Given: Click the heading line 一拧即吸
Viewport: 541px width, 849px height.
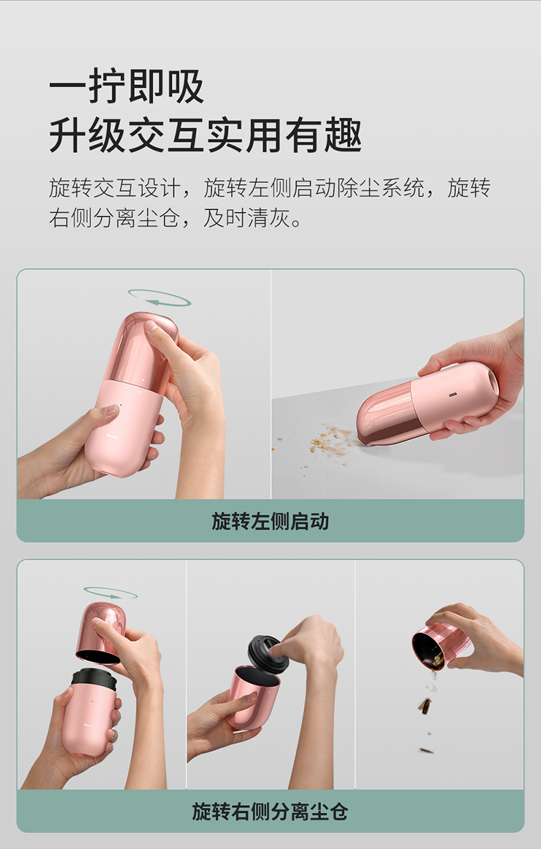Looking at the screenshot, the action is coord(127,86).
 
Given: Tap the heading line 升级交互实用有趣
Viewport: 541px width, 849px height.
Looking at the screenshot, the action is coord(205,134).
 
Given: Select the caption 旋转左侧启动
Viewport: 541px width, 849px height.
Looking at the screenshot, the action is coord(270,521).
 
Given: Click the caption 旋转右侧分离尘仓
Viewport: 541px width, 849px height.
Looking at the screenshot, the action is coord(270,811).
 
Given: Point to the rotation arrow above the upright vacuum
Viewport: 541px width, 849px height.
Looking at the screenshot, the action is coord(160,297).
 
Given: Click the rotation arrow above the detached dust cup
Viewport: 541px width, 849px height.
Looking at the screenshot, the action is coord(110,593).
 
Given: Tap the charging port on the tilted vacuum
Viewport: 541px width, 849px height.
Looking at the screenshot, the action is coord(452,395).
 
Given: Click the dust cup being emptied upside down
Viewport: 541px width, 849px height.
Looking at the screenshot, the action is coord(442,646).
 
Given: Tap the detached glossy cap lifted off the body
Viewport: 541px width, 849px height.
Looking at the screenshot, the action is coord(101,632).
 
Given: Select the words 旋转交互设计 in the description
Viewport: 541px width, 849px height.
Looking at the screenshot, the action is coord(114,188).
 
